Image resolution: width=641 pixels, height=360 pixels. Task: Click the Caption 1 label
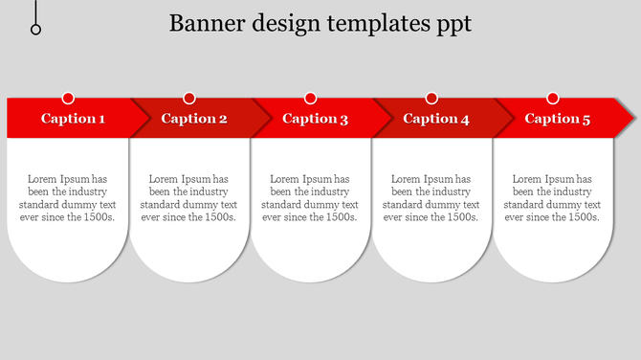coord(73,119)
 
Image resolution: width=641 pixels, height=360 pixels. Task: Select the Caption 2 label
coord(194,119)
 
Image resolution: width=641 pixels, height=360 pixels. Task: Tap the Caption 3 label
coord(315,119)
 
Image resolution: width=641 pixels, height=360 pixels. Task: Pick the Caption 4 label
coord(436,119)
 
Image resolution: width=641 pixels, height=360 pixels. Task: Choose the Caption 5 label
coord(558,119)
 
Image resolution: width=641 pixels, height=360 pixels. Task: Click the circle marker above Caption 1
coord(68,98)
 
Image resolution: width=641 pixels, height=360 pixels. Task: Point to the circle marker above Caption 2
coord(189,98)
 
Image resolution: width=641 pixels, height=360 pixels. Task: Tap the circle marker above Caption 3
coord(310,98)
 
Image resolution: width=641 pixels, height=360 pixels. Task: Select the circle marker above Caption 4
coord(431,98)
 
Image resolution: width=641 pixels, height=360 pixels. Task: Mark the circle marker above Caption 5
coord(552,98)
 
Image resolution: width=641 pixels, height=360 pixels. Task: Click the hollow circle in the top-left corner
coord(36,30)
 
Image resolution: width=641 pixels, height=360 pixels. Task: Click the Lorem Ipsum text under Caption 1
coord(67,198)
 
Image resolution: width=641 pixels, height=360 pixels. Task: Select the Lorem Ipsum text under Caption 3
coord(310,198)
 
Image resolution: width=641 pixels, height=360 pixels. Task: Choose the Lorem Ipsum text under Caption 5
coord(552,198)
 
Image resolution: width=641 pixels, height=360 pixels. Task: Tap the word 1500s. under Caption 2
coord(216,217)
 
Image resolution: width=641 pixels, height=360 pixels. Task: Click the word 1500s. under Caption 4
coord(458,217)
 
